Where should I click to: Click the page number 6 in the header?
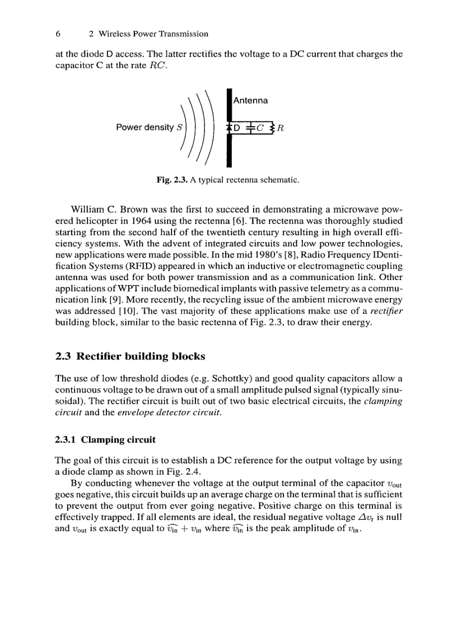coord(58,34)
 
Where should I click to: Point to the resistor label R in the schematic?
coord(281,128)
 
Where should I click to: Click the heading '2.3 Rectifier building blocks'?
coord(130,356)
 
